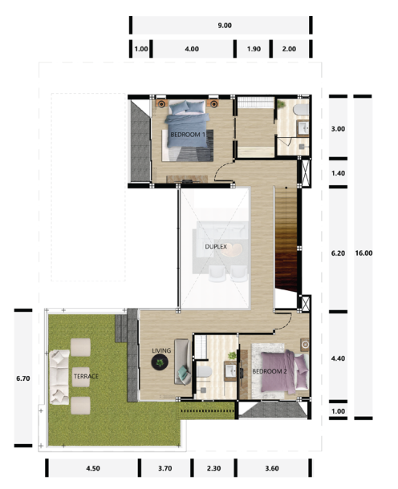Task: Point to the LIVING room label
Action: (162, 350)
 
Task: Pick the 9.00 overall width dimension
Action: (224, 26)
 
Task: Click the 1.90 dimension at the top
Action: (252, 49)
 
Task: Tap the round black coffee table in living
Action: (162, 365)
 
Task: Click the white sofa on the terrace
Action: (59, 374)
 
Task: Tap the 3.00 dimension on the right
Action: (338, 128)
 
